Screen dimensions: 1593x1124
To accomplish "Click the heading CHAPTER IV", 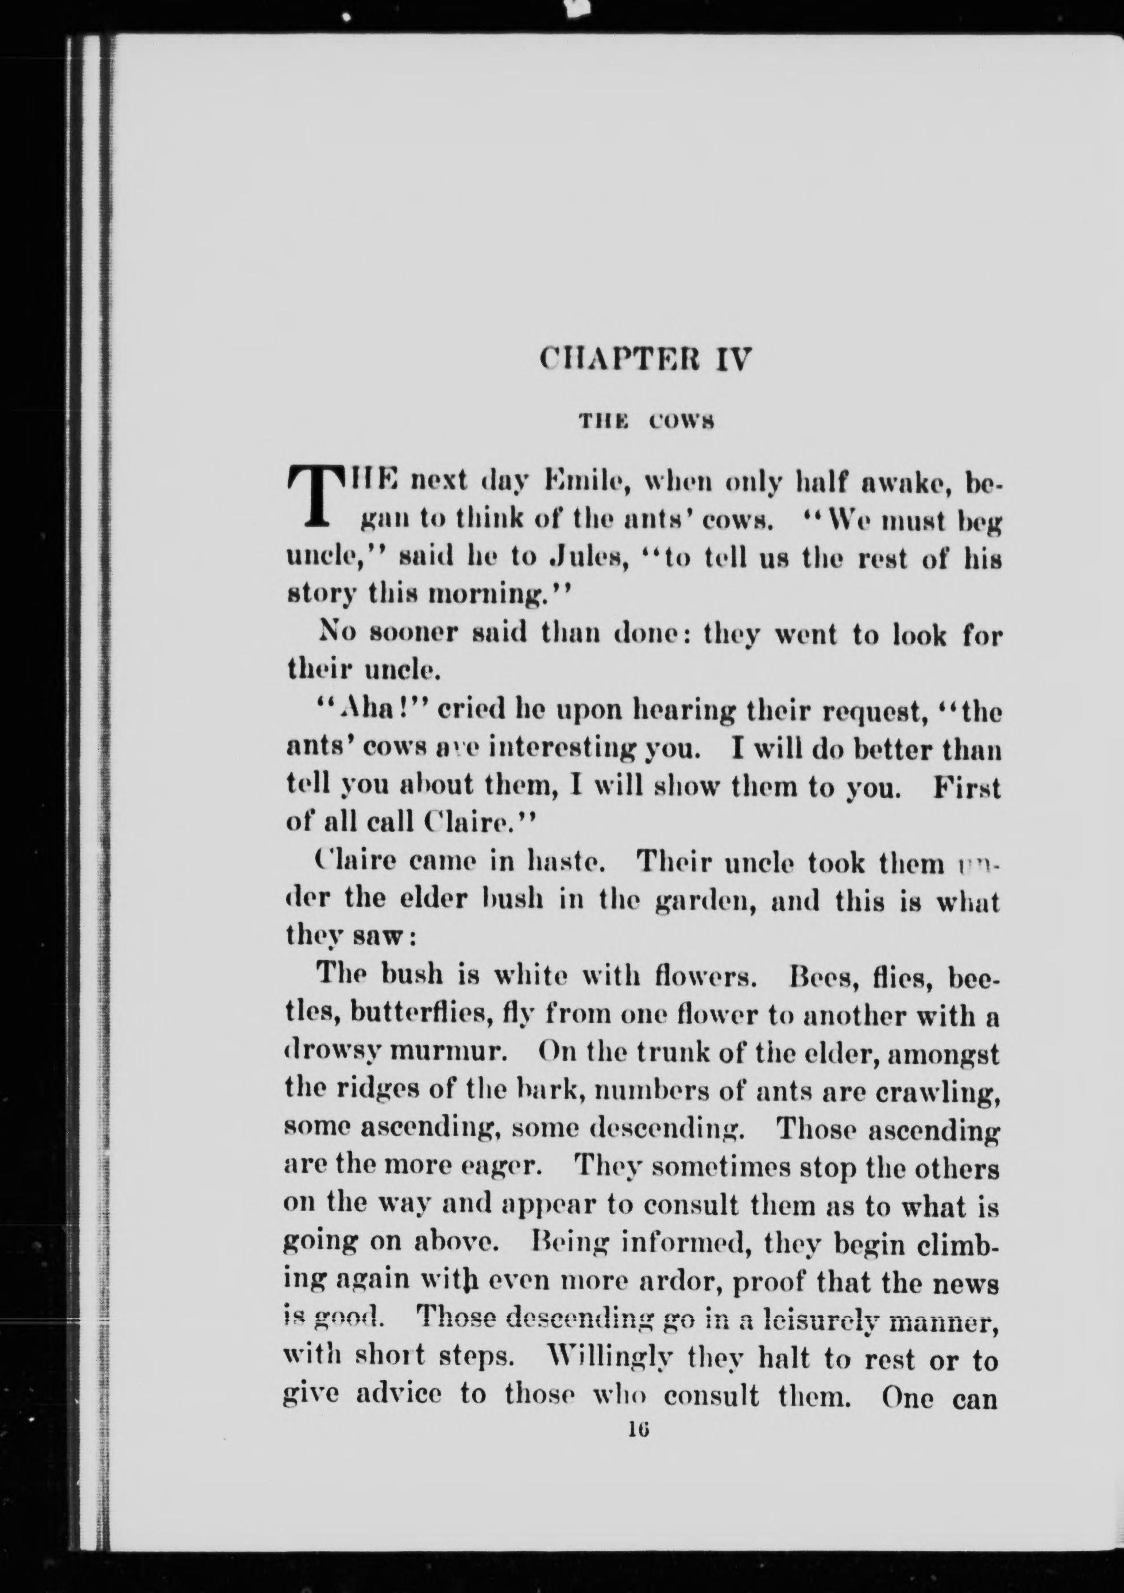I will (644, 360).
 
